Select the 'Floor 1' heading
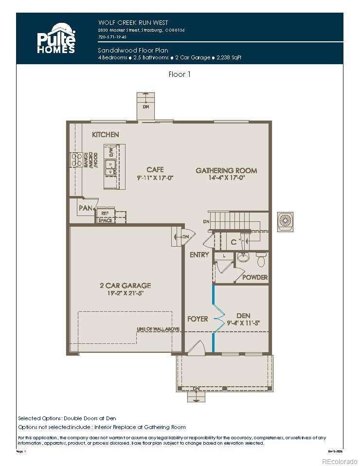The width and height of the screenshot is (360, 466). [x=180, y=74]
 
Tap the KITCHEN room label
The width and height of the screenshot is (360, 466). [x=106, y=134]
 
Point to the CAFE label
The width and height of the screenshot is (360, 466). [x=155, y=170]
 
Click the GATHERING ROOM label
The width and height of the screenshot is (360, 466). [x=226, y=170]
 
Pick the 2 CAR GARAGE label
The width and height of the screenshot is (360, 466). [x=122, y=286]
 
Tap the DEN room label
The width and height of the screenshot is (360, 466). [x=243, y=315]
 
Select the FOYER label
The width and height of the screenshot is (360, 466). [x=198, y=319]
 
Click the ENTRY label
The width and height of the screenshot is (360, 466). [x=199, y=254]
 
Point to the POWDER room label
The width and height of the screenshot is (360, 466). [x=255, y=277]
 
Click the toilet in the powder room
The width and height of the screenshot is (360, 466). [x=261, y=261]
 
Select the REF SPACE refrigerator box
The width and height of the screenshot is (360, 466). [x=106, y=216]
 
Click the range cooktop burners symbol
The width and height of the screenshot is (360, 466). [x=76, y=161]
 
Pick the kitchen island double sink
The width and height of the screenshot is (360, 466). [x=110, y=167]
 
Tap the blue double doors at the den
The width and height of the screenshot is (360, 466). [x=215, y=319]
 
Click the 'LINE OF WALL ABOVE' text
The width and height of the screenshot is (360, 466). [x=158, y=329]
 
